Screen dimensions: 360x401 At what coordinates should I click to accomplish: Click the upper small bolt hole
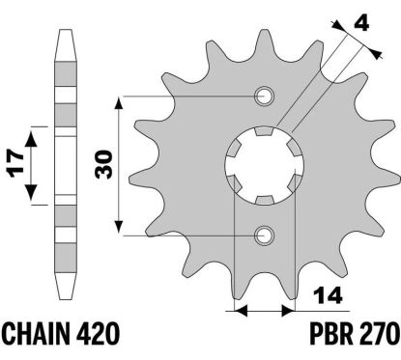263,96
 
